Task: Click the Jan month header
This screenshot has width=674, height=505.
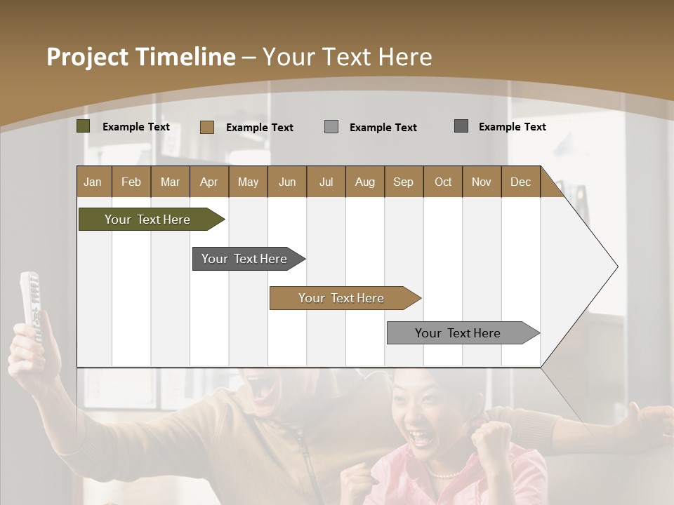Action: [93, 182]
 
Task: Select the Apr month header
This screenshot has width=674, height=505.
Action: [209, 182]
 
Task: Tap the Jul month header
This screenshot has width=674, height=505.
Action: [326, 182]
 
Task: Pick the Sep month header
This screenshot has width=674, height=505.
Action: [403, 182]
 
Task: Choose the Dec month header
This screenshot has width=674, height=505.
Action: [520, 182]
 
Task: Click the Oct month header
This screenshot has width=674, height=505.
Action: [442, 182]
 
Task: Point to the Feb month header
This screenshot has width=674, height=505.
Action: [131, 182]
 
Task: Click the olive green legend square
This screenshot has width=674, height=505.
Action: [84, 126]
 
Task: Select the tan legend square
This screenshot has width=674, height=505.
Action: [207, 127]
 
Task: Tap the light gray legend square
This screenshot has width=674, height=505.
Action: [331, 126]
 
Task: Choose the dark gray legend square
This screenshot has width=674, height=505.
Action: [461, 126]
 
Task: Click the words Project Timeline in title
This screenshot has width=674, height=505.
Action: [140, 57]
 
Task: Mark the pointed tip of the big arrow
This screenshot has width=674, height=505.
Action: [616, 267]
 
